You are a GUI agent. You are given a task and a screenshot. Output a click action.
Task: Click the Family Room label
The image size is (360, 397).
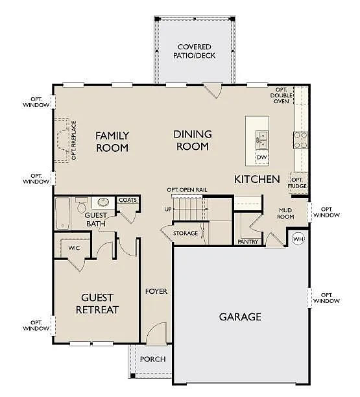click(x=112, y=141)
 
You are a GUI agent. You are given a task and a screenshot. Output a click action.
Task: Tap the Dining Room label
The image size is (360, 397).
click(x=192, y=140)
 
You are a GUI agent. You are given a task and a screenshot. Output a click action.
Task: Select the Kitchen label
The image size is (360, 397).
click(x=257, y=178)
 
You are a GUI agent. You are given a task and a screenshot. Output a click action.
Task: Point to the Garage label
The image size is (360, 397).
click(x=239, y=317)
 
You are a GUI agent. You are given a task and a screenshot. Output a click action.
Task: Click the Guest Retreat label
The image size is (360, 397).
click(x=97, y=304)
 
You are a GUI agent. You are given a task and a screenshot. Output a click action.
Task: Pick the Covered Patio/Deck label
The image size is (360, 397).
click(x=196, y=51)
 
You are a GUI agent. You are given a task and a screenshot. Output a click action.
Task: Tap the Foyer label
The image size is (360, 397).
click(x=156, y=291)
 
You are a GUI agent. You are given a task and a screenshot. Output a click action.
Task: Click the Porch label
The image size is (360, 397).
click(x=152, y=359)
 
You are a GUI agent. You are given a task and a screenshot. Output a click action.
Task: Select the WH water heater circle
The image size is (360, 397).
click(x=298, y=239)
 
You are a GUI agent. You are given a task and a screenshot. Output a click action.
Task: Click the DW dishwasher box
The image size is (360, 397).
click(x=261, y=158)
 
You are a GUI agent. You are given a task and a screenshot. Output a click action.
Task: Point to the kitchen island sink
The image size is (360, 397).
click(x=262, y=138)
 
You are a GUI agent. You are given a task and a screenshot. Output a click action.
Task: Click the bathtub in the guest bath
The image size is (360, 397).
click(x=63, y=213)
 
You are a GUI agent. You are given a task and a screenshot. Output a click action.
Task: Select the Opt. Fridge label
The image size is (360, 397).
click(x=297, y=183)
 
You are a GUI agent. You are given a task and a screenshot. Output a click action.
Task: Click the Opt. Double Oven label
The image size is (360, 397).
click(x=282, y=95)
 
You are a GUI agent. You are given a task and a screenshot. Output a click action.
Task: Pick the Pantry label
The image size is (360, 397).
click(x=248, y=241)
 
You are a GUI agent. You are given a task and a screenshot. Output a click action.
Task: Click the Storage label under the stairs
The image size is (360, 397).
click(x=186, y=233)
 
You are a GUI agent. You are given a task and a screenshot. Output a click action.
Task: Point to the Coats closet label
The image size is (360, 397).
click(x=128, y=200)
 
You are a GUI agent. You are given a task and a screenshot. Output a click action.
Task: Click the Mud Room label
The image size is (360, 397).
click(x=286, y=213)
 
